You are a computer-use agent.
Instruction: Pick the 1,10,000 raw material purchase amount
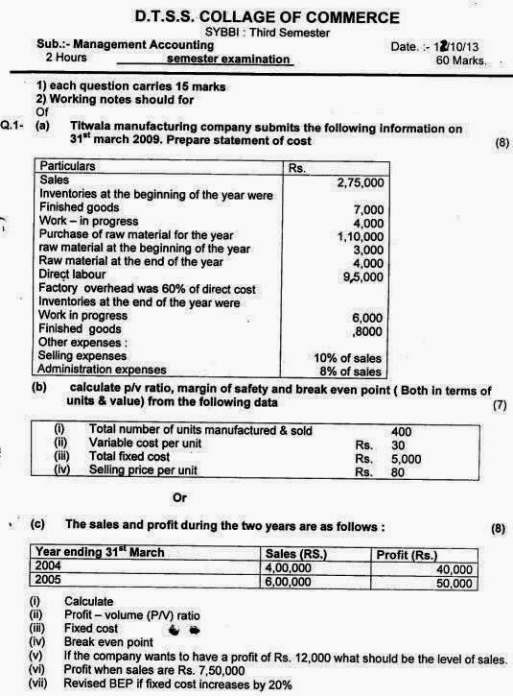coord(360,235)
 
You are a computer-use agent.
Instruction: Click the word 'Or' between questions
coord(178,497)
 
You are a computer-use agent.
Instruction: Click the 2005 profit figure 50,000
coord(454,582)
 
